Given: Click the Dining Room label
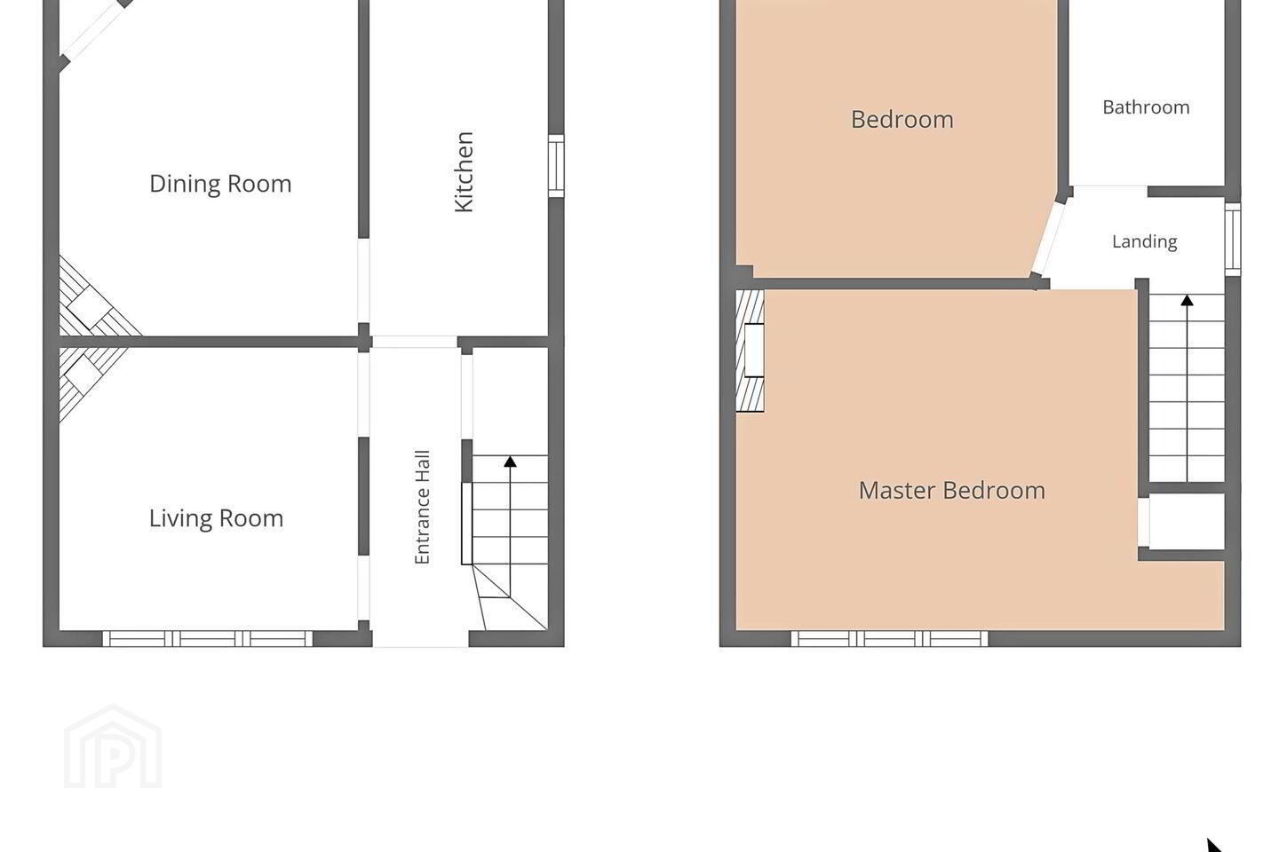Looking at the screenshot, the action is pos(220,184).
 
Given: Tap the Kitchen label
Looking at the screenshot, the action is pos(464,172).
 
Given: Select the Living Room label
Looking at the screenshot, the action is pos(217,518).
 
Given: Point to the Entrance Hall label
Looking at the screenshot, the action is pos(421,508).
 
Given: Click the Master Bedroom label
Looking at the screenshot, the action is pos(952,490).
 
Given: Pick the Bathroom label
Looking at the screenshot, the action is pos(1146,107).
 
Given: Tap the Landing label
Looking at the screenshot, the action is pos(1144,241).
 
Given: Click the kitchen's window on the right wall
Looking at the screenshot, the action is pos(556,166).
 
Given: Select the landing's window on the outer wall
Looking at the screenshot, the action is pos(1233,240).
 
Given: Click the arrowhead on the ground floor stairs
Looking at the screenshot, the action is pos(510,461).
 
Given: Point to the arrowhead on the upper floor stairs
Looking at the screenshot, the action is pos(1187,300).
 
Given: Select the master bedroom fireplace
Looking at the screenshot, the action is pos(750,351).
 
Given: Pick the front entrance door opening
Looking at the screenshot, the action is pos(420,639).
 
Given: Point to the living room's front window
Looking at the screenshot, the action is pos(208,639).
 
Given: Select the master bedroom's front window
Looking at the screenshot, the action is pos(889,639).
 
